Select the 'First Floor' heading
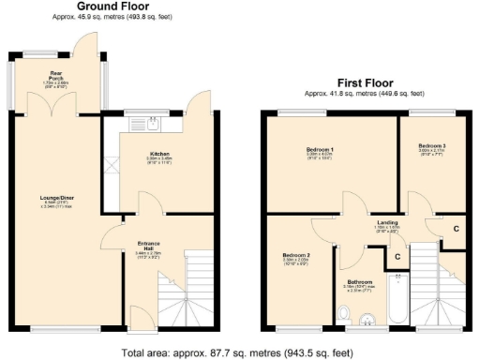364,83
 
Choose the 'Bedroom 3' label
431,146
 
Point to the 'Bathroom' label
360,281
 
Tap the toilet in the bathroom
344,313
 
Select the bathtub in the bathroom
397,299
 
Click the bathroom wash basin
369,322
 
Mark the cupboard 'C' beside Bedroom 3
456,228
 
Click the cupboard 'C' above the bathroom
397,255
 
